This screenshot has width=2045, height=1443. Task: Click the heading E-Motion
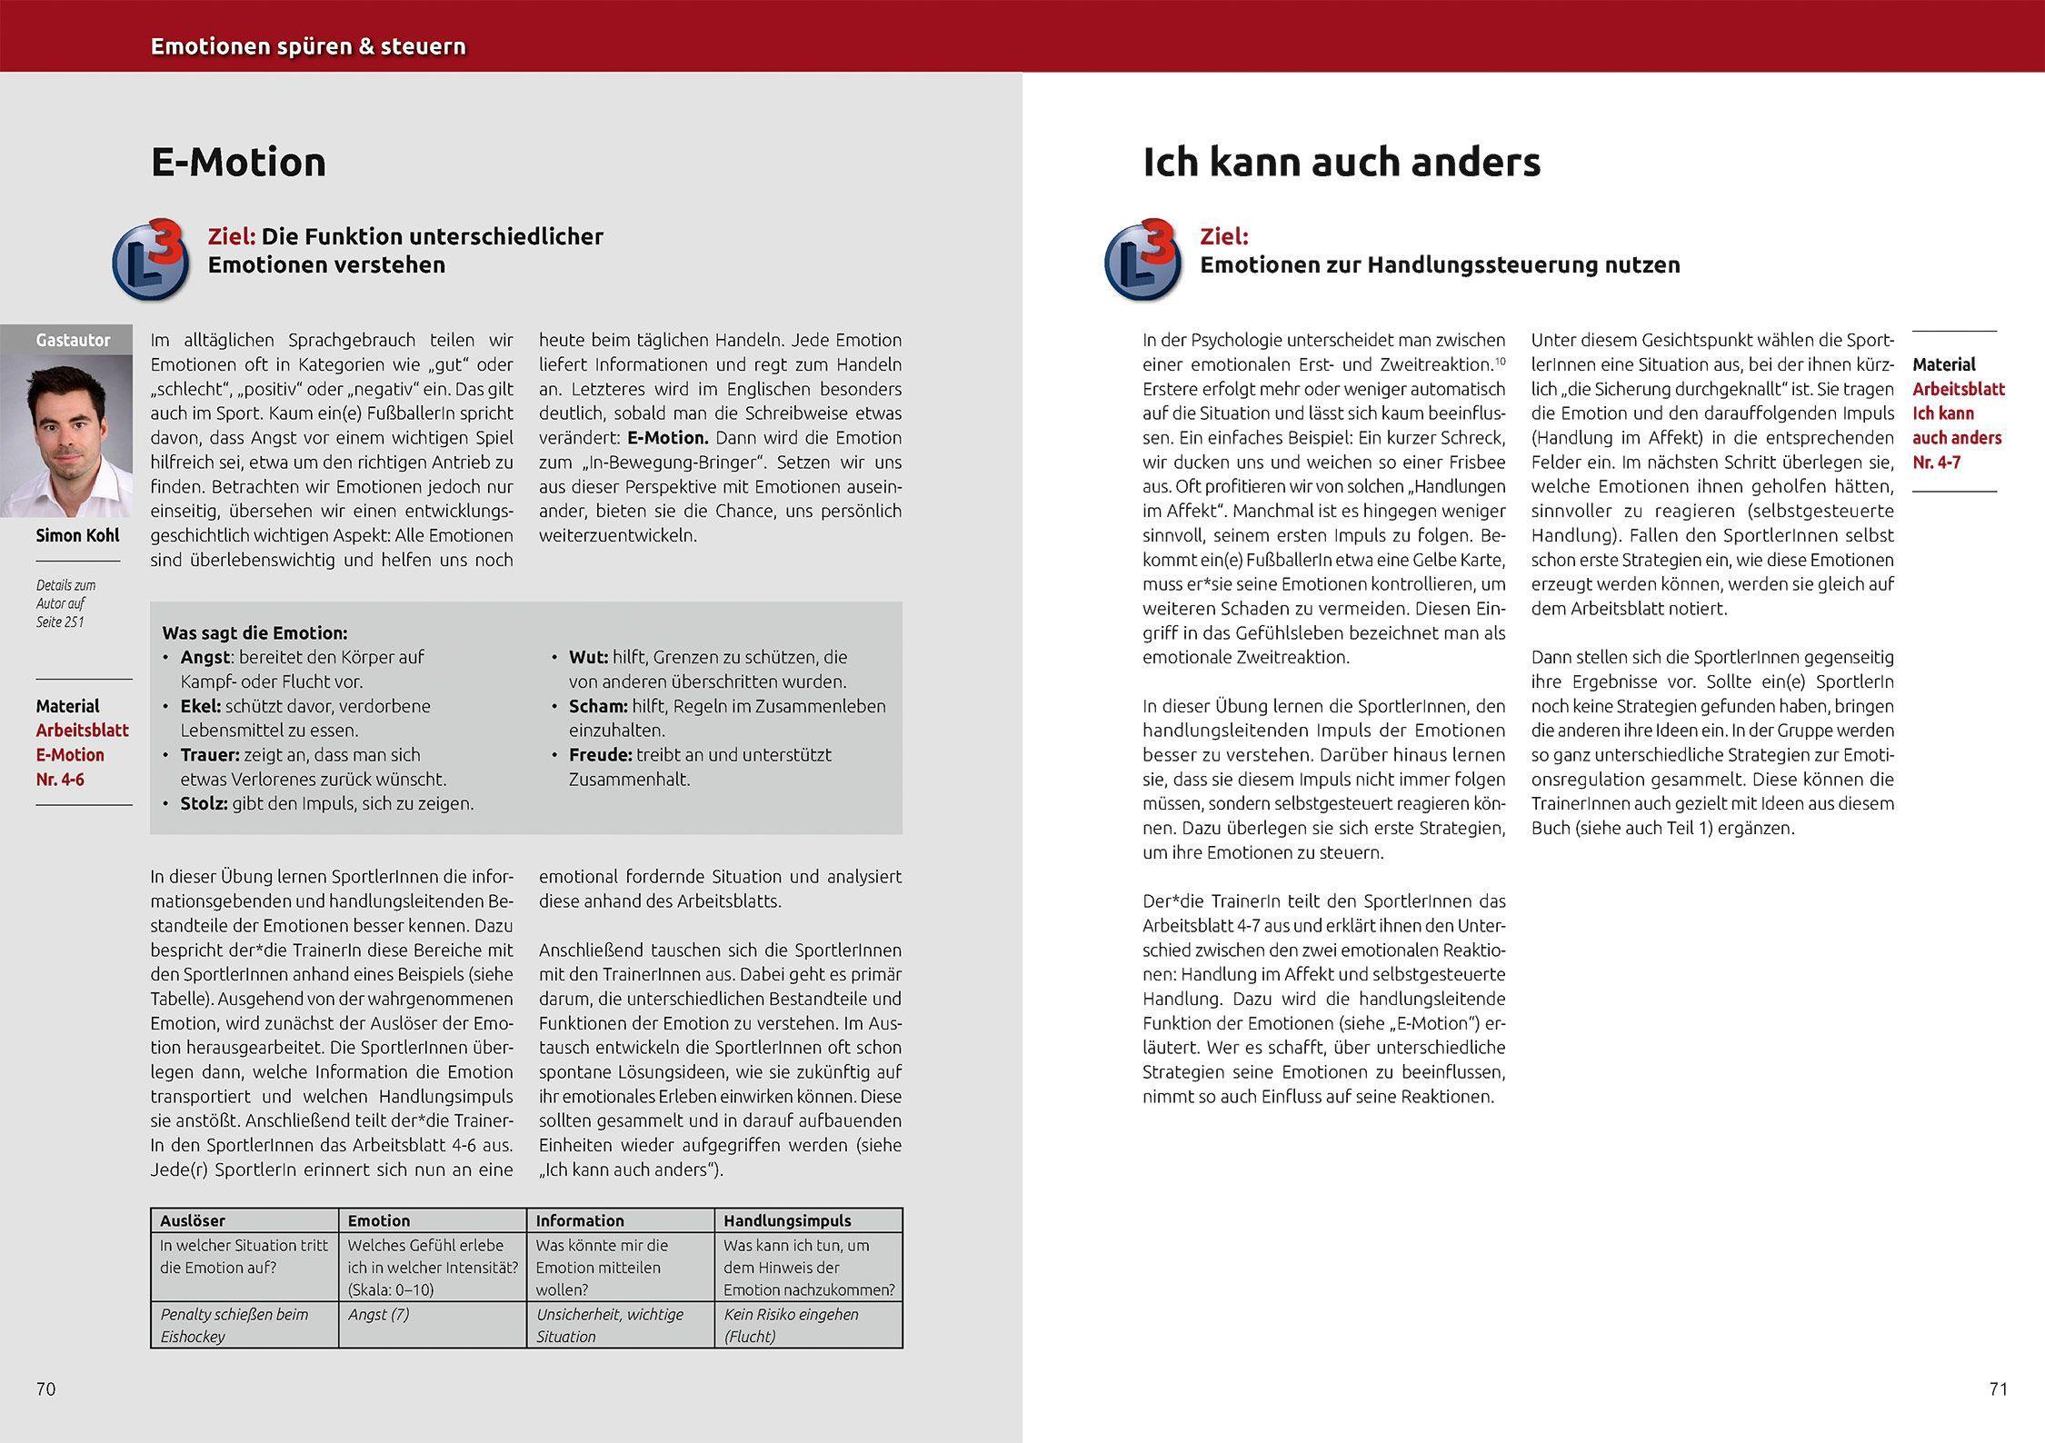(x=238, y=163)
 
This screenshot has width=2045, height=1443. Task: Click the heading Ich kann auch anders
(x=1342, y=163)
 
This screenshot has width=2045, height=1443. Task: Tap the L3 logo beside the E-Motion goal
(x=151, y=260)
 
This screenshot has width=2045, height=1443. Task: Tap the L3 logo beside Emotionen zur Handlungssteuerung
(x=1143, y=260)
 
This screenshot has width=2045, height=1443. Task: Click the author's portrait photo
(x=65, y=435)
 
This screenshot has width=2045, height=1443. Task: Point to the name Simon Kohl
(x=77, y=535)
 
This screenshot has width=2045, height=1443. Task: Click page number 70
(x=45, y=1388)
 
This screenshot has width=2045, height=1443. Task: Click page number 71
(x=1999, y=1388)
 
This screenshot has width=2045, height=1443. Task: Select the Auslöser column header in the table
(x=193, y=1220)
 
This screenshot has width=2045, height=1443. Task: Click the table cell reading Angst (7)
(x=378, y=1314)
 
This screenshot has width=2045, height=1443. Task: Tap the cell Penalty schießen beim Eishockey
(x=234, y=1325)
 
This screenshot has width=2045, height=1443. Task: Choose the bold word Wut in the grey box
(x=587, y=657)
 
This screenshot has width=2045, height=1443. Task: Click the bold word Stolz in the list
(x=204, y=803)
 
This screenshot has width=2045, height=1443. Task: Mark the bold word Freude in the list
(x=600, y=754)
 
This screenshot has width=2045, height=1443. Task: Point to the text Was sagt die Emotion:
(x=254, y=632)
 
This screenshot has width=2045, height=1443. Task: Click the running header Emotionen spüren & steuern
(x=308, y=46)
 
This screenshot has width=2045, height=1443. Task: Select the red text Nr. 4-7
(x=1937, y=463)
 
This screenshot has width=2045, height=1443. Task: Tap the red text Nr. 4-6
(x=60, y=780)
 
